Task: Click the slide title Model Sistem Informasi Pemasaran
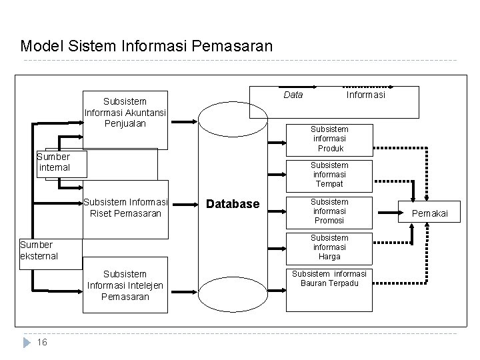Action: [x=147, y=46]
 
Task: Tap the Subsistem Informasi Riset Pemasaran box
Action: [x=125, y=208]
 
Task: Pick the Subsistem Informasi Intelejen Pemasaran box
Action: [x=125, y=285]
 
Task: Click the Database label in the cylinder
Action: [x=233, y=203]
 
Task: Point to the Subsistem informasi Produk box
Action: [x=329, y=139]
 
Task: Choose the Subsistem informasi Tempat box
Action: [x=329, y=175]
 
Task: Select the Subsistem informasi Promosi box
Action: [x=329, y=211]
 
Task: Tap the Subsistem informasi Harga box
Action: [x=329, y=247]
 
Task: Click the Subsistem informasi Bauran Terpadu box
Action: [x=329, y=289]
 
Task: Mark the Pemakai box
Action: [x=429, y=213]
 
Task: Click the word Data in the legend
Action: [x=293, y=95]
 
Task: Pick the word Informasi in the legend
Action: [x=365, y=95]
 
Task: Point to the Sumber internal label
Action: [x=54, y=162]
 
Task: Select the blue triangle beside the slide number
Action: [x=27, y=342]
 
